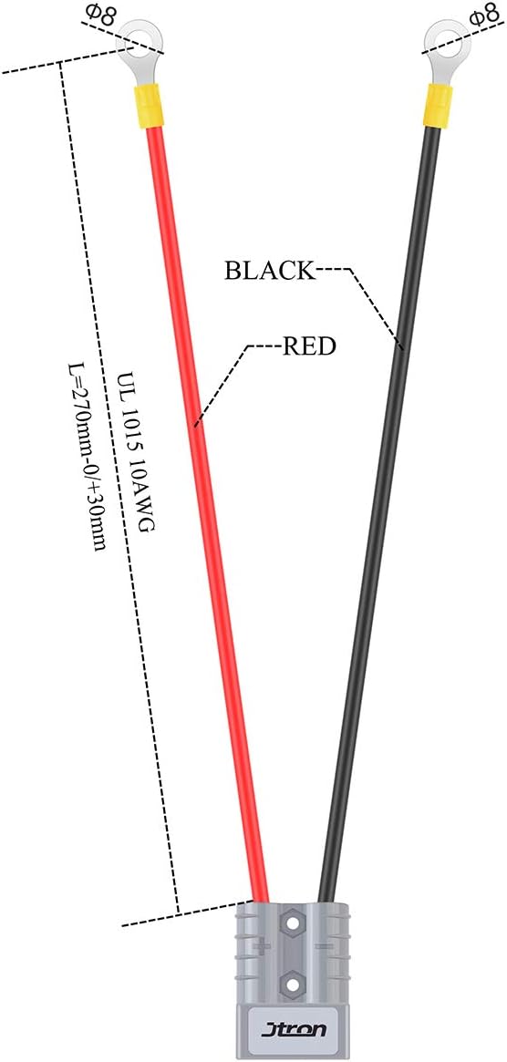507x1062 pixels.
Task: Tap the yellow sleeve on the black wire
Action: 438,106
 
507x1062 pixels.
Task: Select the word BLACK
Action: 271,271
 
